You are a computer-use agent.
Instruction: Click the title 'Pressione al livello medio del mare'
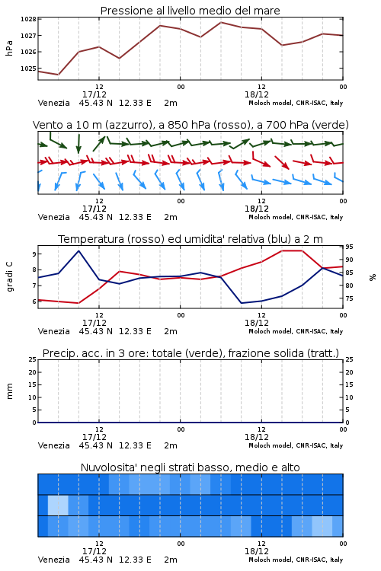pos(190,11)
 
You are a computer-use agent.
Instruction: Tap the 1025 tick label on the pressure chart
pos(28,68)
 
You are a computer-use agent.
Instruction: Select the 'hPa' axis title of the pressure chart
pos(9,48)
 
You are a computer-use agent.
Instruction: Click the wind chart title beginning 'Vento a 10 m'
pos(190,125)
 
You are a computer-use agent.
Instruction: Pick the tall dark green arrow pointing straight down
pos(78,144)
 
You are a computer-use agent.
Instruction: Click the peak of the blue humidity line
pos(78,251)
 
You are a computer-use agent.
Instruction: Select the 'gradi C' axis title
pos(9,277)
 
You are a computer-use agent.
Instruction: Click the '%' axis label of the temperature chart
pos(373,277)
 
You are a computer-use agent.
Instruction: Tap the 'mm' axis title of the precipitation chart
pos(9,391)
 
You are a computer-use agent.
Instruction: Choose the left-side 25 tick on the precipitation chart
pos(33,359)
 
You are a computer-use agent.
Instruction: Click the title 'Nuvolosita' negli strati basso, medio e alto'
pos(190,467)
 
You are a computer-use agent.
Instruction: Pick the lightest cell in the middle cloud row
pos(58,505)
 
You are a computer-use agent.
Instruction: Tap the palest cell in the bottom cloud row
pos(322,526)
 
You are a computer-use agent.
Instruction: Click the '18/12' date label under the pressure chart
pos(257,94)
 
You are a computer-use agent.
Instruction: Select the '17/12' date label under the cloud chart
pos(94,551)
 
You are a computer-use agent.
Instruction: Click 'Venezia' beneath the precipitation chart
pos(53,445)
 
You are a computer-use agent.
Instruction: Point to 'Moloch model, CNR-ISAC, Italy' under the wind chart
pos(296,217)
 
